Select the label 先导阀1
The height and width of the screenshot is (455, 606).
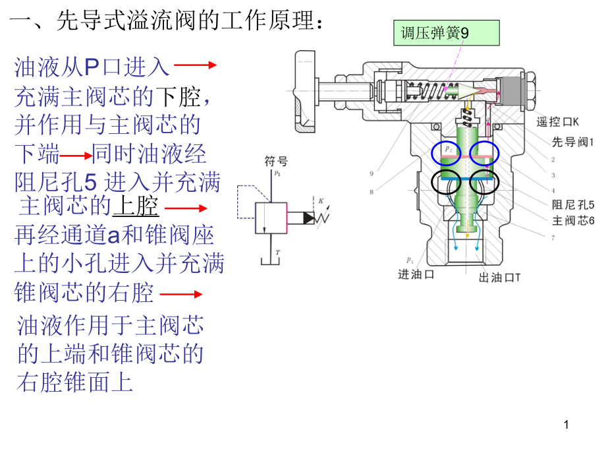pos(572,141)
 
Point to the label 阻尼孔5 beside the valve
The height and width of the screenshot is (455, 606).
pos(572,204)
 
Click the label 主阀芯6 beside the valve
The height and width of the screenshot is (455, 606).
pos(572,220)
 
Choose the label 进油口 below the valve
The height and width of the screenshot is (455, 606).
pos(416,275)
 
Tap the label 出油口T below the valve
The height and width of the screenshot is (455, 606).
pos(500,278)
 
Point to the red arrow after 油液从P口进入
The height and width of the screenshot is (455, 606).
pos(196,65)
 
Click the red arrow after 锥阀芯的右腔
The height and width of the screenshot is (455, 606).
pos(180,294)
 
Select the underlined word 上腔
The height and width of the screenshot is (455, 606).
pos(136,206)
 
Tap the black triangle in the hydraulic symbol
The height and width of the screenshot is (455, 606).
pos(309,217)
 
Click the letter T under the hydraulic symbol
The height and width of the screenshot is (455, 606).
pos(278,252)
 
